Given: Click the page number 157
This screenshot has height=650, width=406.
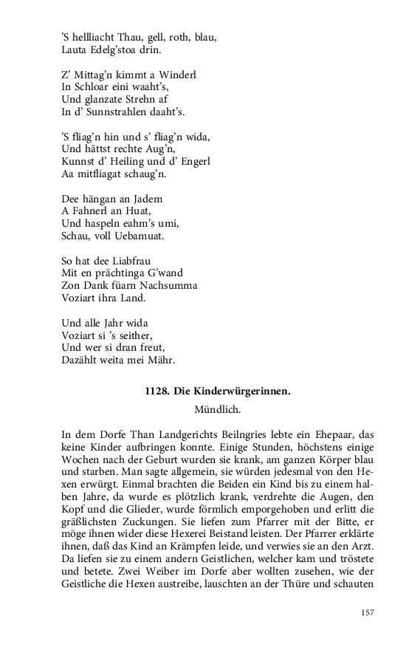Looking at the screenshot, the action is coord(368,612).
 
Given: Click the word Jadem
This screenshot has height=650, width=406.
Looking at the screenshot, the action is coord(145,199).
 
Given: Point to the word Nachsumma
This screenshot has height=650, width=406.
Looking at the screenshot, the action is coord(171,286).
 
